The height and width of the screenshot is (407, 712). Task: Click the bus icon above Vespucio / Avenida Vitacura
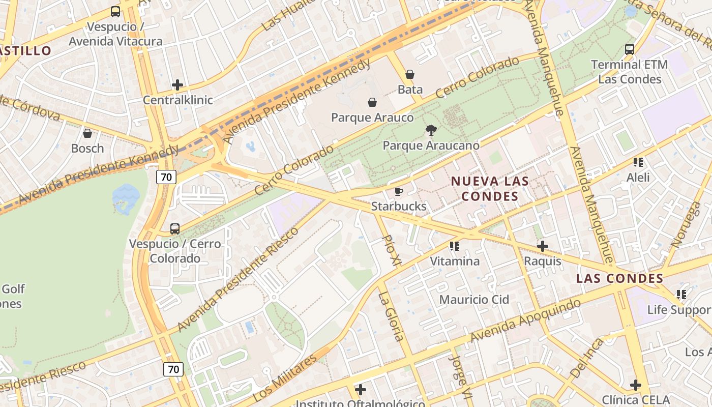pos(115,11)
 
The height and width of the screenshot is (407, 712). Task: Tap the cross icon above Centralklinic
pos(177,84)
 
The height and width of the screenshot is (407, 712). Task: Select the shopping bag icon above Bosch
pos(87,133)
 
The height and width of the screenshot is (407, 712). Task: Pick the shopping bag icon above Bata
pos(410,74)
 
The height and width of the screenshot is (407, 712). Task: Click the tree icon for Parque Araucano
pos(431,130)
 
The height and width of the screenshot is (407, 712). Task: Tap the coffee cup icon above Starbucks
pos(399,191)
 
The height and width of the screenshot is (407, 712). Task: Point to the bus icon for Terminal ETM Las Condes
pos(630,49)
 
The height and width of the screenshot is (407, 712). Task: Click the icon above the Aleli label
pos(638,162)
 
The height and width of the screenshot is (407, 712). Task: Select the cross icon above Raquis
pos(543,246)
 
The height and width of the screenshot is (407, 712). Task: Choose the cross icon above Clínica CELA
pos(635,385)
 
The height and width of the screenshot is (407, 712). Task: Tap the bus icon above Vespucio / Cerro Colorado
pos(175,229)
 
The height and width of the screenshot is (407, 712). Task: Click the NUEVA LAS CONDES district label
pos(490,188)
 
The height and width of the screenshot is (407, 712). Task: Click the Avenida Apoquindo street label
pos(525,321)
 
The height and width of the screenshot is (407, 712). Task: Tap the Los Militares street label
pos(284,377)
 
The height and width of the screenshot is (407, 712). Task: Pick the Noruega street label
pos(686,224)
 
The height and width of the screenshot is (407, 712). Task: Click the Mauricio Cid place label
pos(474,299)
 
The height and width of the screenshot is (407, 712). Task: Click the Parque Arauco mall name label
pos(372,118)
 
